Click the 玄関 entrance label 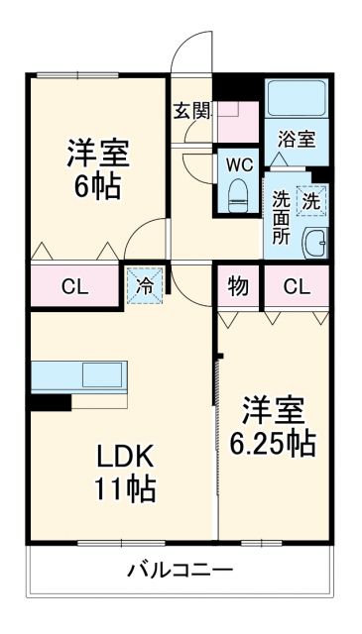point(192,110)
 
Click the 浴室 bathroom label point(296,139)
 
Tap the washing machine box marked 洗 point(311,199)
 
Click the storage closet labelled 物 point(238,287)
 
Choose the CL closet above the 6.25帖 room point(296,287)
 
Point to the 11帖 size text point(127,488)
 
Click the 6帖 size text point(97,186)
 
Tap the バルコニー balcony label point(180,571)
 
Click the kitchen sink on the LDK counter point(101,375)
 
